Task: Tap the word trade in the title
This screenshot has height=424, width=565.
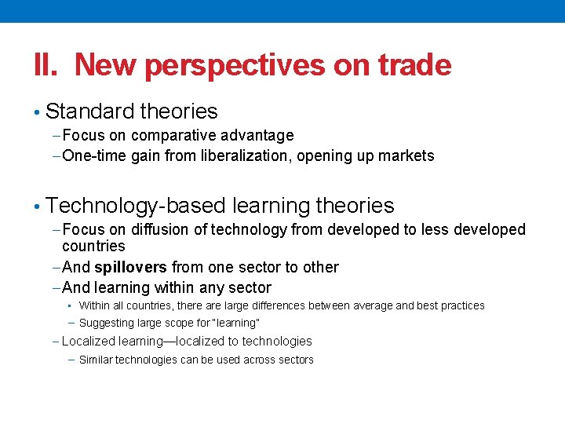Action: (414, 64)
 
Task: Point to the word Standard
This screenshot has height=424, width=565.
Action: (89, 111)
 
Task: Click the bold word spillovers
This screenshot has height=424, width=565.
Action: (130, 267)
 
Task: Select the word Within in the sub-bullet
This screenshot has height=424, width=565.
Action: (95, 305)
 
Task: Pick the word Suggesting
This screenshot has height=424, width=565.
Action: (108, 323)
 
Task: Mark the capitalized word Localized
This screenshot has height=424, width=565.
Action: (88, 341)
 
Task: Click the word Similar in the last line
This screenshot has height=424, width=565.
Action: (97, 360)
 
